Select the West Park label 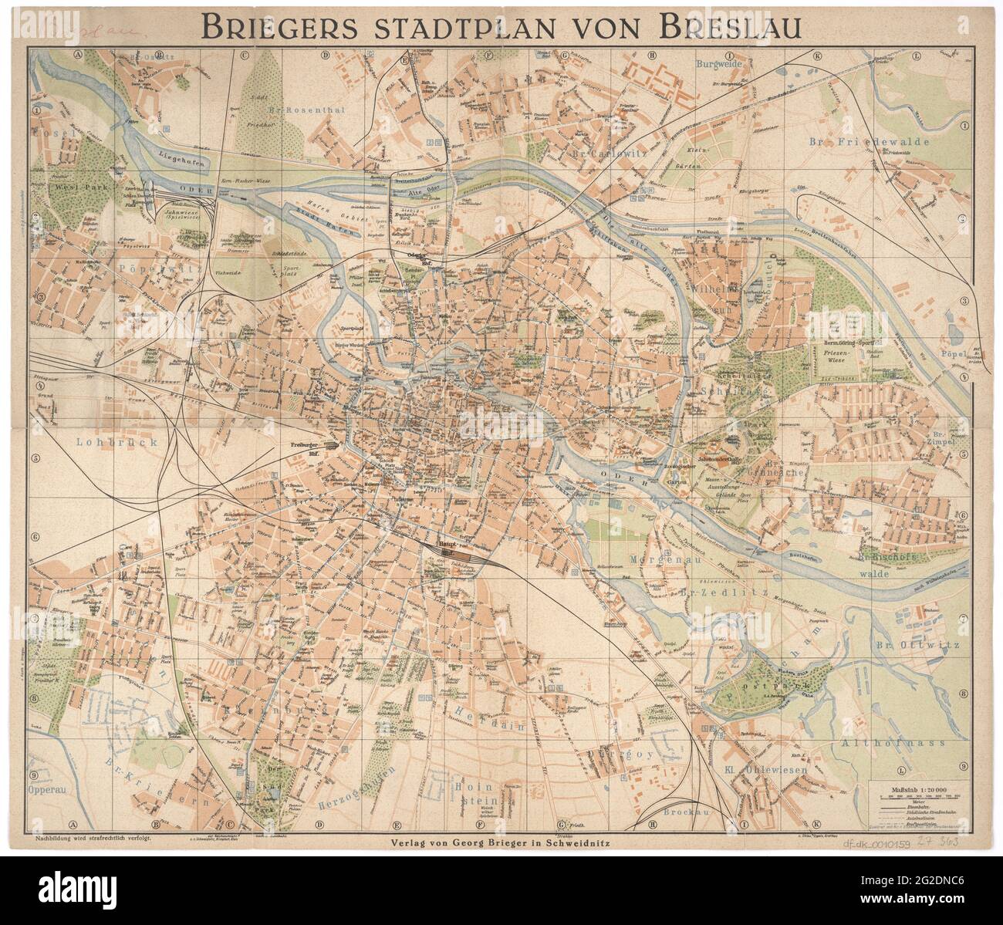67,187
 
